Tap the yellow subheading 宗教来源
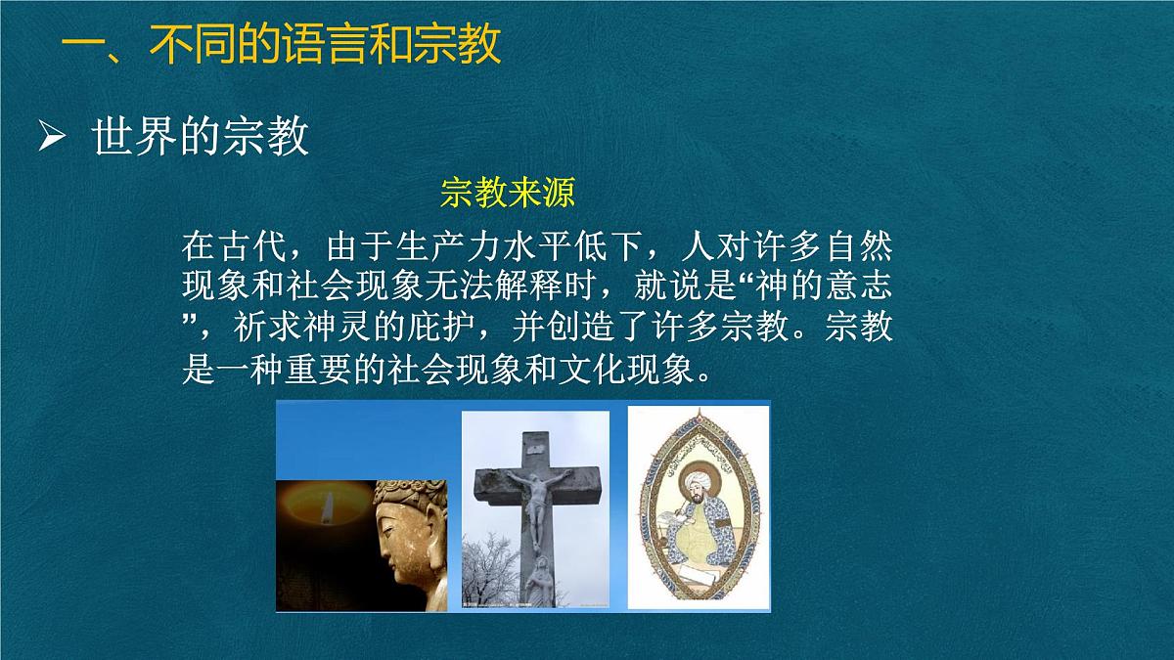(x=508, y=193)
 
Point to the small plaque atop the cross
(x=535, y=447)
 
